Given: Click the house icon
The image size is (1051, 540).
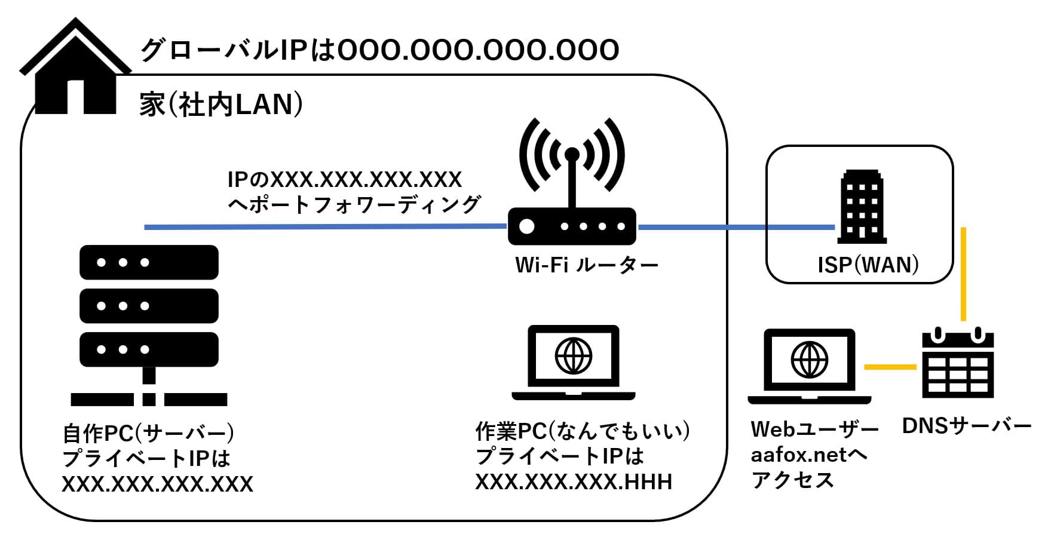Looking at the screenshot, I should (x=75, y=69).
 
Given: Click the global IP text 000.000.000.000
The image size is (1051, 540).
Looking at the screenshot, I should (x=478, y=50).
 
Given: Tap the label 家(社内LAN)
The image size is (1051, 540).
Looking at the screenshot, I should (x=220, y=105).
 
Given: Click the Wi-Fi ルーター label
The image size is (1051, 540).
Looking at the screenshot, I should (x=586, y=265).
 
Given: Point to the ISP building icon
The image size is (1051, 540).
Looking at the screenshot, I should (x=862, y=207).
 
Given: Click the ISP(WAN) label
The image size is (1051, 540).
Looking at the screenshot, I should (x=868, y=265).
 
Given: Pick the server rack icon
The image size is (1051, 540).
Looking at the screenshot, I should (x=149, y=323).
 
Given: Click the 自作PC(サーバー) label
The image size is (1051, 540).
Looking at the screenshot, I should (x=149, y=432).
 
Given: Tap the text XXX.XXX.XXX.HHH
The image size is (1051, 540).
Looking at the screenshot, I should (x=574, y=482).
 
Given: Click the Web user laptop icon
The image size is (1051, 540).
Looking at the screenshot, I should (x=809, y=366).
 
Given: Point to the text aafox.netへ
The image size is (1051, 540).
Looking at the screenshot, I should (x=808, y=455).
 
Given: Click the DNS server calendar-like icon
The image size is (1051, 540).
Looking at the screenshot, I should (x=958, y=364).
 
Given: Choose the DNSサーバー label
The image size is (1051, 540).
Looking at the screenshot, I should (x=967, y=427).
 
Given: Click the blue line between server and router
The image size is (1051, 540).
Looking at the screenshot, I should (x=326, y=227).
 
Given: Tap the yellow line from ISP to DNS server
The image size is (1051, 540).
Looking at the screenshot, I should (x=963, y=275).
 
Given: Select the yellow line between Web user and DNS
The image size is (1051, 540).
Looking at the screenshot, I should (x=890, y=367).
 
